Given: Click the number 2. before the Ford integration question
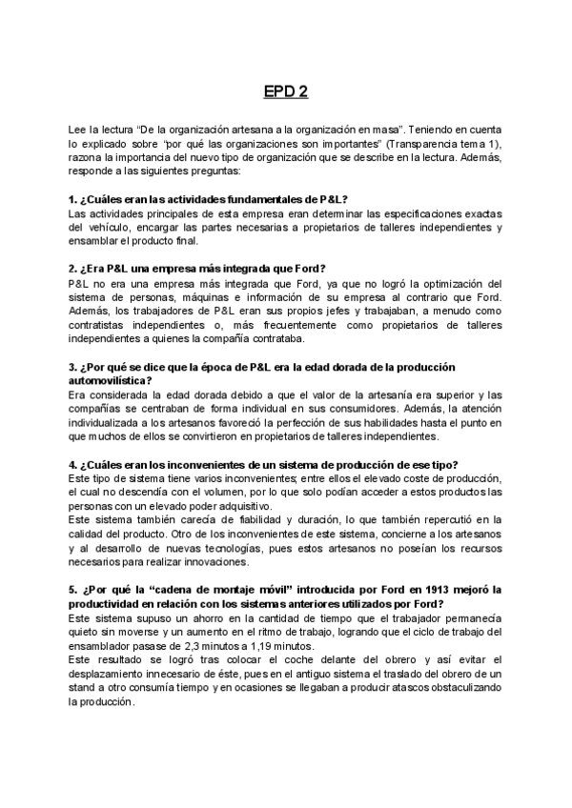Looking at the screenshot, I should (73, 269).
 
